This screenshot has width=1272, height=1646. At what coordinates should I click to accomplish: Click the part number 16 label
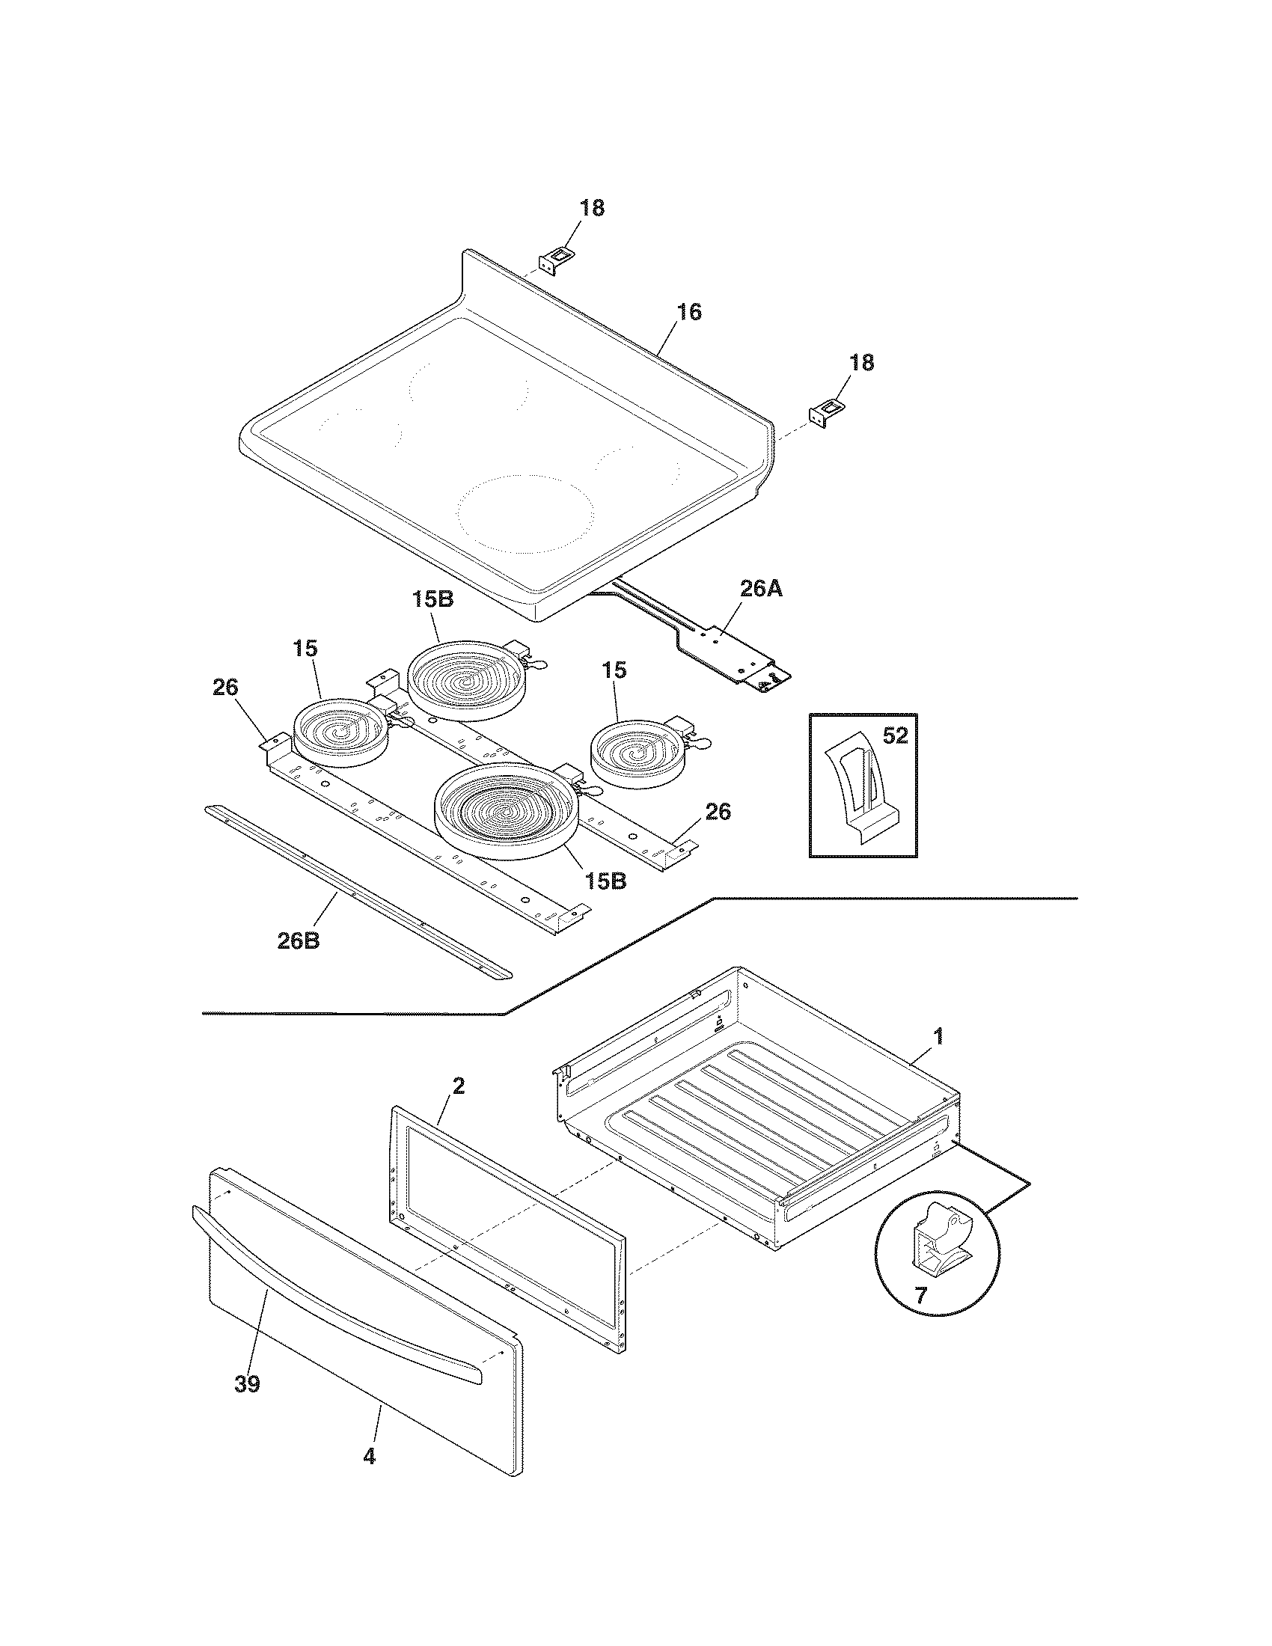coord(688,311)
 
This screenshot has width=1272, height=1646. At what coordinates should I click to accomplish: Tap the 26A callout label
coord(760,589)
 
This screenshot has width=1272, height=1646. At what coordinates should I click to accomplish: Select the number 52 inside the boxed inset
coord(894,735)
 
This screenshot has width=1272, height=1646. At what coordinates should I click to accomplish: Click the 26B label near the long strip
coord(299,941)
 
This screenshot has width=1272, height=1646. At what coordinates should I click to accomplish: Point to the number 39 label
coord(247,1383)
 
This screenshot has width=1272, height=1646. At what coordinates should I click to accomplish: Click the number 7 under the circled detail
coord(920,1295)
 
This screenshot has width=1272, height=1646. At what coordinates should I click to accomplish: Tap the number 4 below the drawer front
coord(368,1456)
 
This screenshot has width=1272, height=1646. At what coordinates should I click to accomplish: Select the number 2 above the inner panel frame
coord(458,1086)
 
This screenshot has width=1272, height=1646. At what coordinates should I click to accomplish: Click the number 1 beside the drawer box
coord(938,1036)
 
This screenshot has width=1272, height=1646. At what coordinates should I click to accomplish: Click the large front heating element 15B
coord(504,813)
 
